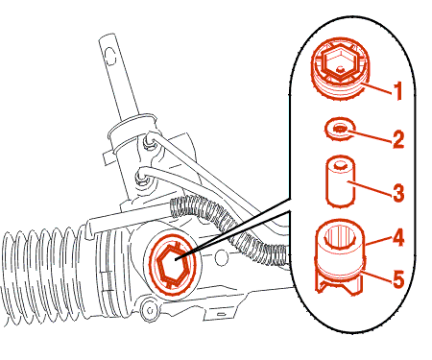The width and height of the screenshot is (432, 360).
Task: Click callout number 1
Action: (x=398, y=90)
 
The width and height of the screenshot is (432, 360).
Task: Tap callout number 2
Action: (x=398, y=139)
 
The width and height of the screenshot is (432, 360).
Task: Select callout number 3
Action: (x=398, y=192)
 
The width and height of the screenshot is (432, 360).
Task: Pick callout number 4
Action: (x=398, y=237)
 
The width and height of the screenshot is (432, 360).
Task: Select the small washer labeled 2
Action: (x=340, y=129)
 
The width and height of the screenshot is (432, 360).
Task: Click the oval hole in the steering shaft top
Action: (x=109, y=56)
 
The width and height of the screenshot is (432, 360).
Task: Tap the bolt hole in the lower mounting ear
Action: (x=149, y=309)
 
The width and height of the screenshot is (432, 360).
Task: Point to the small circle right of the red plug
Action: (x=221, y=258)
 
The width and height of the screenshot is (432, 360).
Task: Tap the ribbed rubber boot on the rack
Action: (x=41, y=273)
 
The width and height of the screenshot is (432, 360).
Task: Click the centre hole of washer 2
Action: (x=340, y=129)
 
